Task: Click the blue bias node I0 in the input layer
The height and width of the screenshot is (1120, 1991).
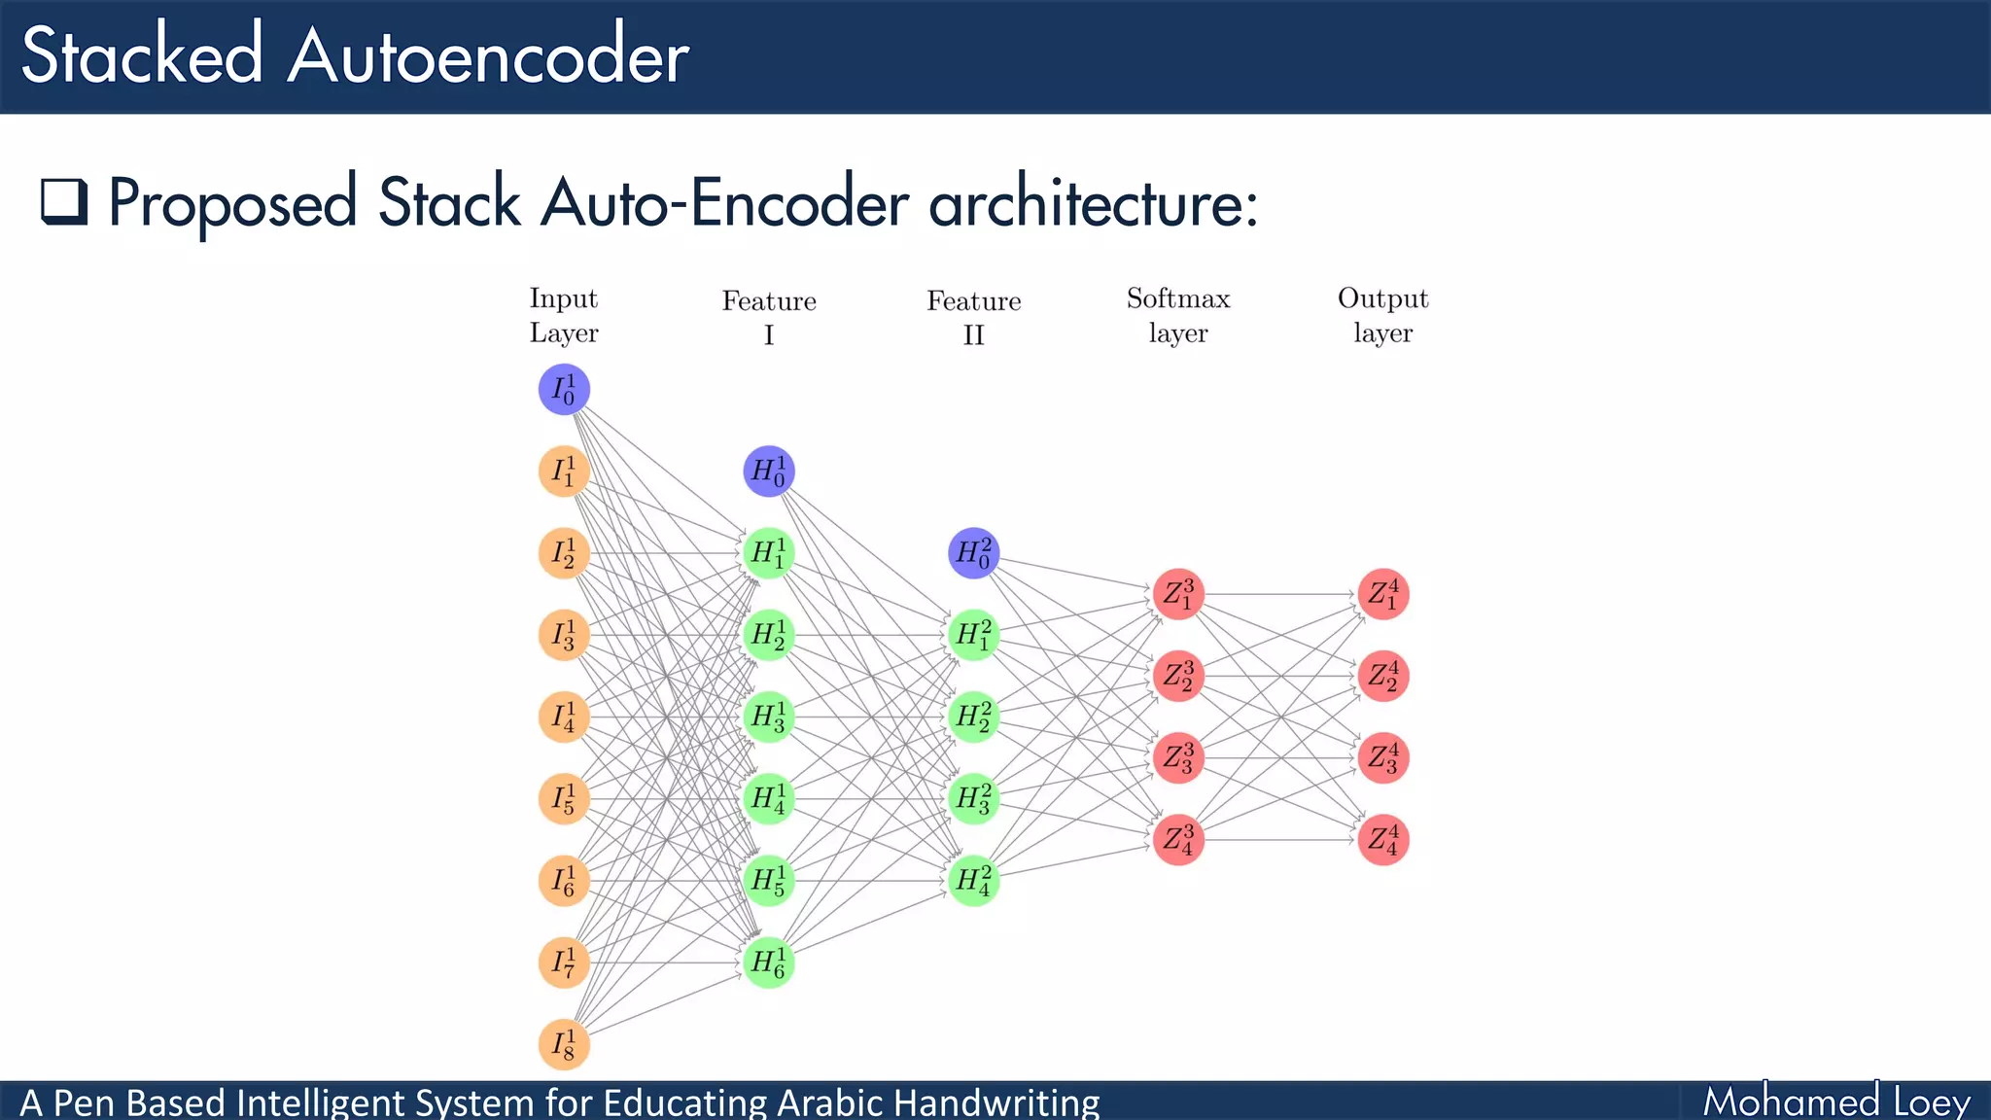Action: (x=564, y=390)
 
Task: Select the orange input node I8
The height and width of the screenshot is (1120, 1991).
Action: (x=564, y=1045)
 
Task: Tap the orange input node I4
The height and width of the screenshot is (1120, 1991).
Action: (x=564, y=717)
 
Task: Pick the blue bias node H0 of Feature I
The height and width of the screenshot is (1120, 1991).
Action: (x=769, y=472)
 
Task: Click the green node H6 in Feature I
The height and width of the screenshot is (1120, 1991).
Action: (x=769, y=962)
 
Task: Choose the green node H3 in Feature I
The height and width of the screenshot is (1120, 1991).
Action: (x=769, y=717)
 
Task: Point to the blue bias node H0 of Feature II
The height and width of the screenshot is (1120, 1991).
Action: (x=973, y=553)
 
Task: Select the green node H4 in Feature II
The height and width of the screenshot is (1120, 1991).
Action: (x=973, y=881)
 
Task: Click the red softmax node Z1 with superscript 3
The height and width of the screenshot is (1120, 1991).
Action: (x=1178, y=594)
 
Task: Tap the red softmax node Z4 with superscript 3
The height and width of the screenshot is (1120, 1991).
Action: (x=1178, y=840)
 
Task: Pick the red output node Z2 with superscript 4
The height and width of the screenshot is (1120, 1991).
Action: (x=1383, y=676)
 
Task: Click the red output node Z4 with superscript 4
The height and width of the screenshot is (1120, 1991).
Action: (x=1383, y=840)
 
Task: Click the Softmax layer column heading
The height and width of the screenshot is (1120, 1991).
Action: (x=1178, y=315)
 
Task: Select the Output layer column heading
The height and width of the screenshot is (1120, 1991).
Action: (x=1382, y=315)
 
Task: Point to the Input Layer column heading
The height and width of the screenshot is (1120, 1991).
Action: (x=564, y=315)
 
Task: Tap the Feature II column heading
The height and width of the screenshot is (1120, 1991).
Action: (x=973, y=317)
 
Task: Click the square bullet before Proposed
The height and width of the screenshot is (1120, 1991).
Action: (x=64, y=202)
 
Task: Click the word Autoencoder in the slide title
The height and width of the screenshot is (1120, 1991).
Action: (x=488, y=56)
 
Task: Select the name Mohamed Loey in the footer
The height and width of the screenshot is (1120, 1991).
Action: (x=1835, y=1102)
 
